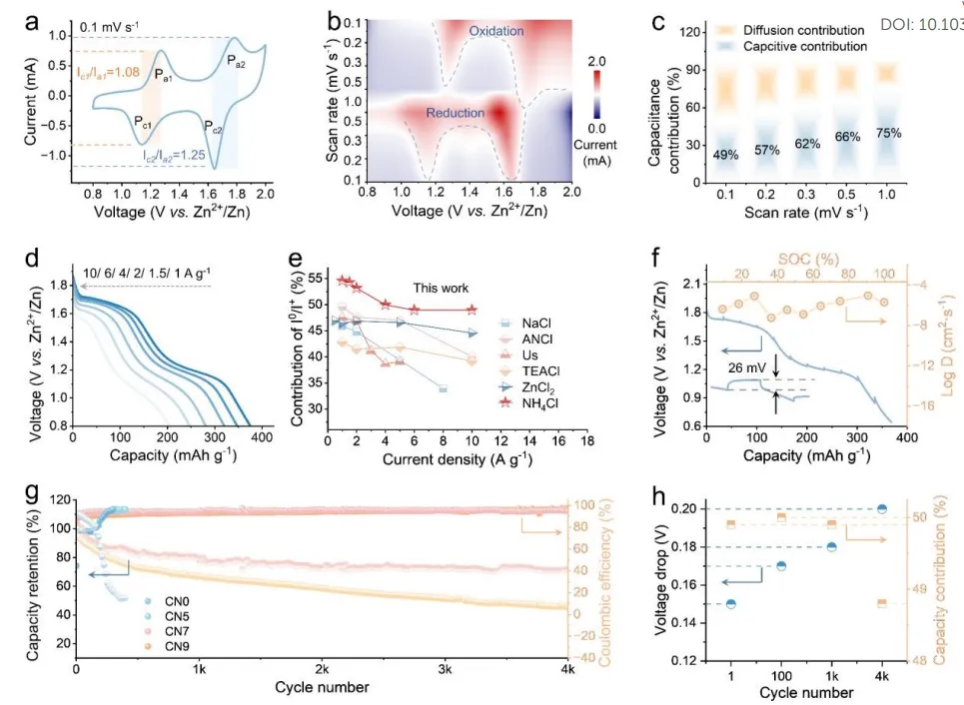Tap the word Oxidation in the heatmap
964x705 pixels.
click(495, 32)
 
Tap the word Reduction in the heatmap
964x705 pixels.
click(456, 114)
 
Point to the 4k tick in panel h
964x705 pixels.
click(882, 675)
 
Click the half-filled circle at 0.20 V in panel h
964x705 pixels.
click(882, 509)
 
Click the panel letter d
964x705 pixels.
click(34, 262)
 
